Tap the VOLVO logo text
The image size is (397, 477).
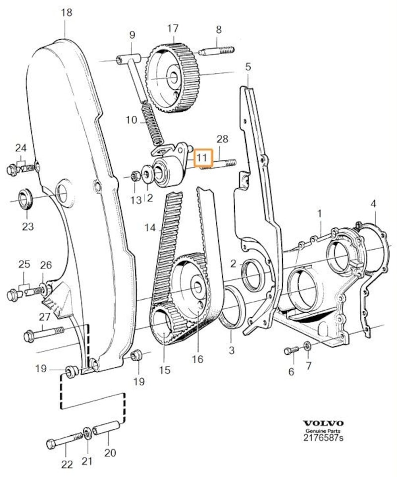pyautogui.click(x=324, y=423)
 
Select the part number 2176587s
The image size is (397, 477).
pyautogui.click(x=324, y=439)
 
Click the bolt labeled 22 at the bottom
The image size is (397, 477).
pyautogui.click(x=64, y=439)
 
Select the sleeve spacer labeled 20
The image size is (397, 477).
pyautogui.click(x=108, y=426)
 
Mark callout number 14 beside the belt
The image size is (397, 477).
pyautogui.click(x=150, y=228)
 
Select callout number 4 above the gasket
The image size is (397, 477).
pyautogui.click(x=373, y=204)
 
